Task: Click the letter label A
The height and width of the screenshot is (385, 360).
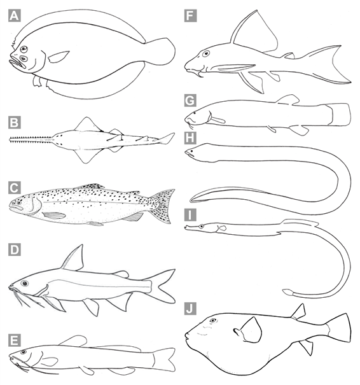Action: click(14, 15)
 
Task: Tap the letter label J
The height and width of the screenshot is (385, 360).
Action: click(190, 309)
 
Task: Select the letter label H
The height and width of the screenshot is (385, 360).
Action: click(190, 138)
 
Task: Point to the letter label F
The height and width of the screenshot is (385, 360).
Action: click(190, 16)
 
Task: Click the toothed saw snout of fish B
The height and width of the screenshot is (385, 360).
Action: click(31, 140)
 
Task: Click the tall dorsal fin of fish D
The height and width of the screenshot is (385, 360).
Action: click(73, 258)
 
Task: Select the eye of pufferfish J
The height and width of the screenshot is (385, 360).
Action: click(213, 321)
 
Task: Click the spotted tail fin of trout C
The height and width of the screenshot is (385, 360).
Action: click(162, 206)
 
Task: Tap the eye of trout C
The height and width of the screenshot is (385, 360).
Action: click(19, 203)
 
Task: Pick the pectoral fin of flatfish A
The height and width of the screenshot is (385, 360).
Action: click(59, 57)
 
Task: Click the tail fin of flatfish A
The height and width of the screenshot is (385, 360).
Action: click(161, 52)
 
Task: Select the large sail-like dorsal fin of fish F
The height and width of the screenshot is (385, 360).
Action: click(255, 32)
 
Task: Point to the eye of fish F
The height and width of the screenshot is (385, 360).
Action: click(206, 53)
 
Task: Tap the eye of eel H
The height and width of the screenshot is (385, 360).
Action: click(191, 151)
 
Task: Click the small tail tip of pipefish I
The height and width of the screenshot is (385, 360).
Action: click(287, 292)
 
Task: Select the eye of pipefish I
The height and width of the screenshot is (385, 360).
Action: click(202, 227)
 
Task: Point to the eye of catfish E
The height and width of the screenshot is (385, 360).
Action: click(24, 352)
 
